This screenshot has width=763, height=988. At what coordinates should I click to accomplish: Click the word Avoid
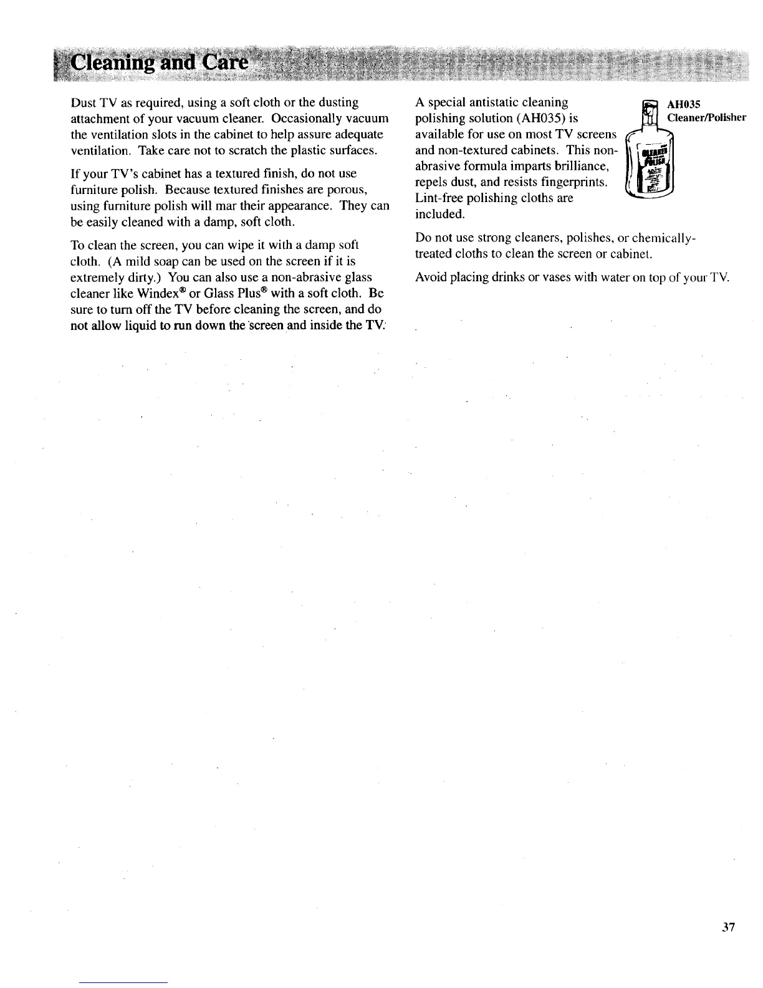pyautogui.click(x=429, y=277)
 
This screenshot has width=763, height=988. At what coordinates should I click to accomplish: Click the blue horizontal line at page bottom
pyautogui.click(x=123, y=983)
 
